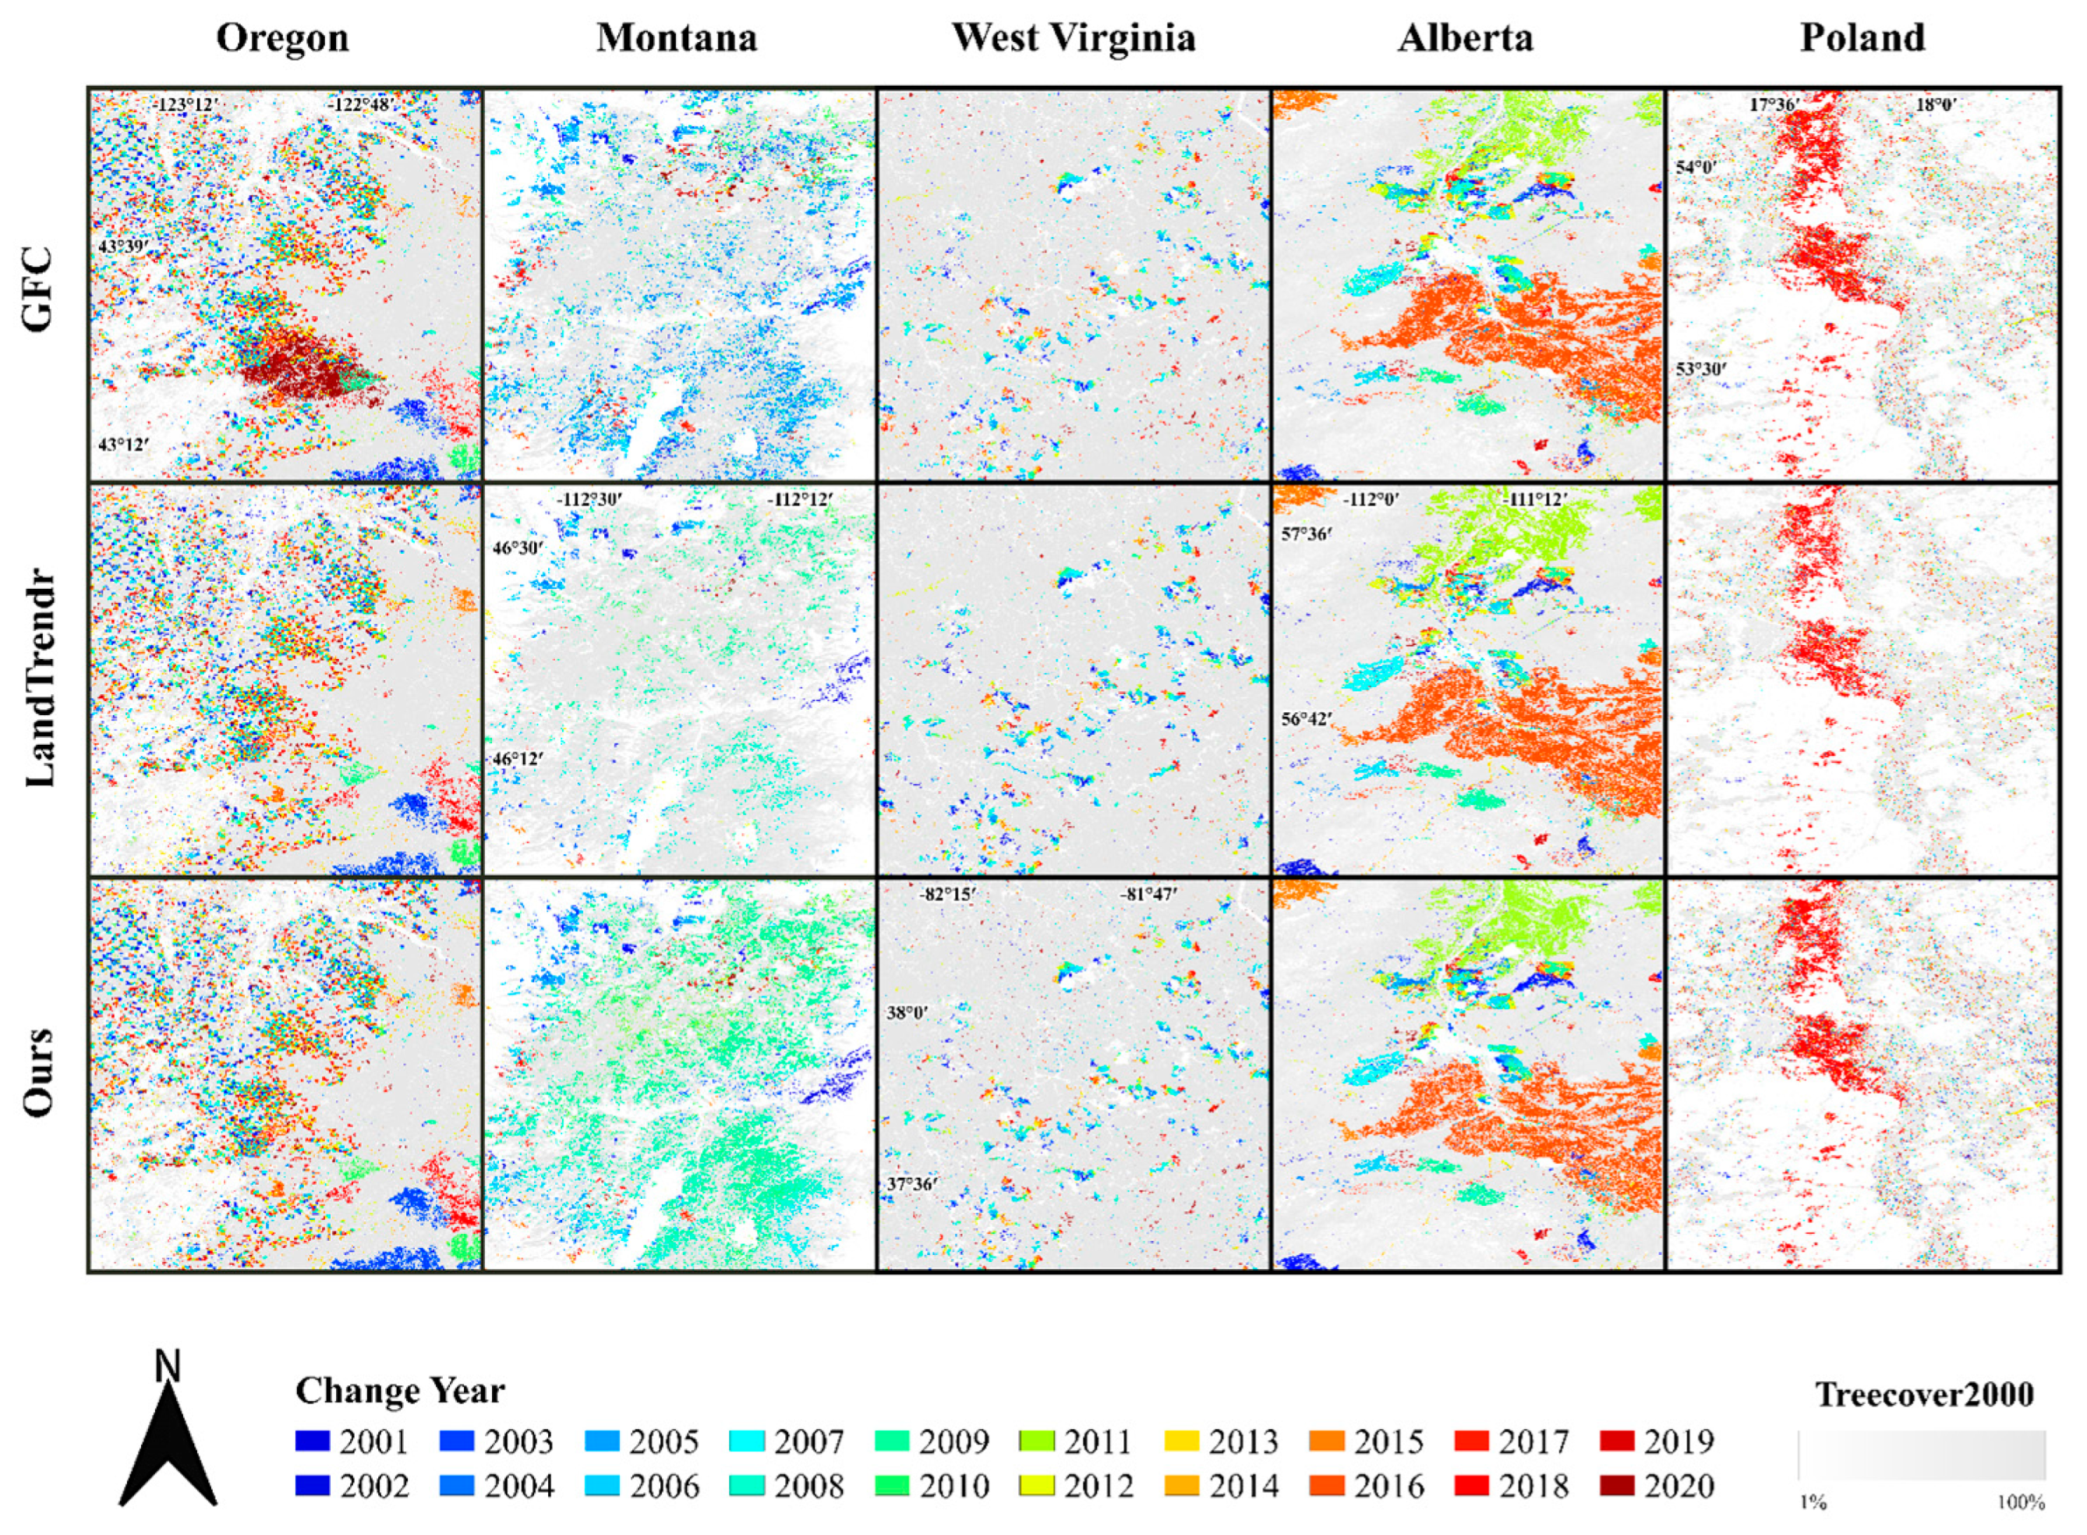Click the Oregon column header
pos(282,38)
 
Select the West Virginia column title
pos(1073,38)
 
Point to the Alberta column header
pos(1465,38)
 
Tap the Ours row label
pos(39,1072)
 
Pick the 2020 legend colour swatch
pos(1617,1486)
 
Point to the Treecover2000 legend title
pos(1923,1395)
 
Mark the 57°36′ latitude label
pos(1306,534)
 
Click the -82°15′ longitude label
pos(947,894)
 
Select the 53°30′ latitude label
pos(1700,369)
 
